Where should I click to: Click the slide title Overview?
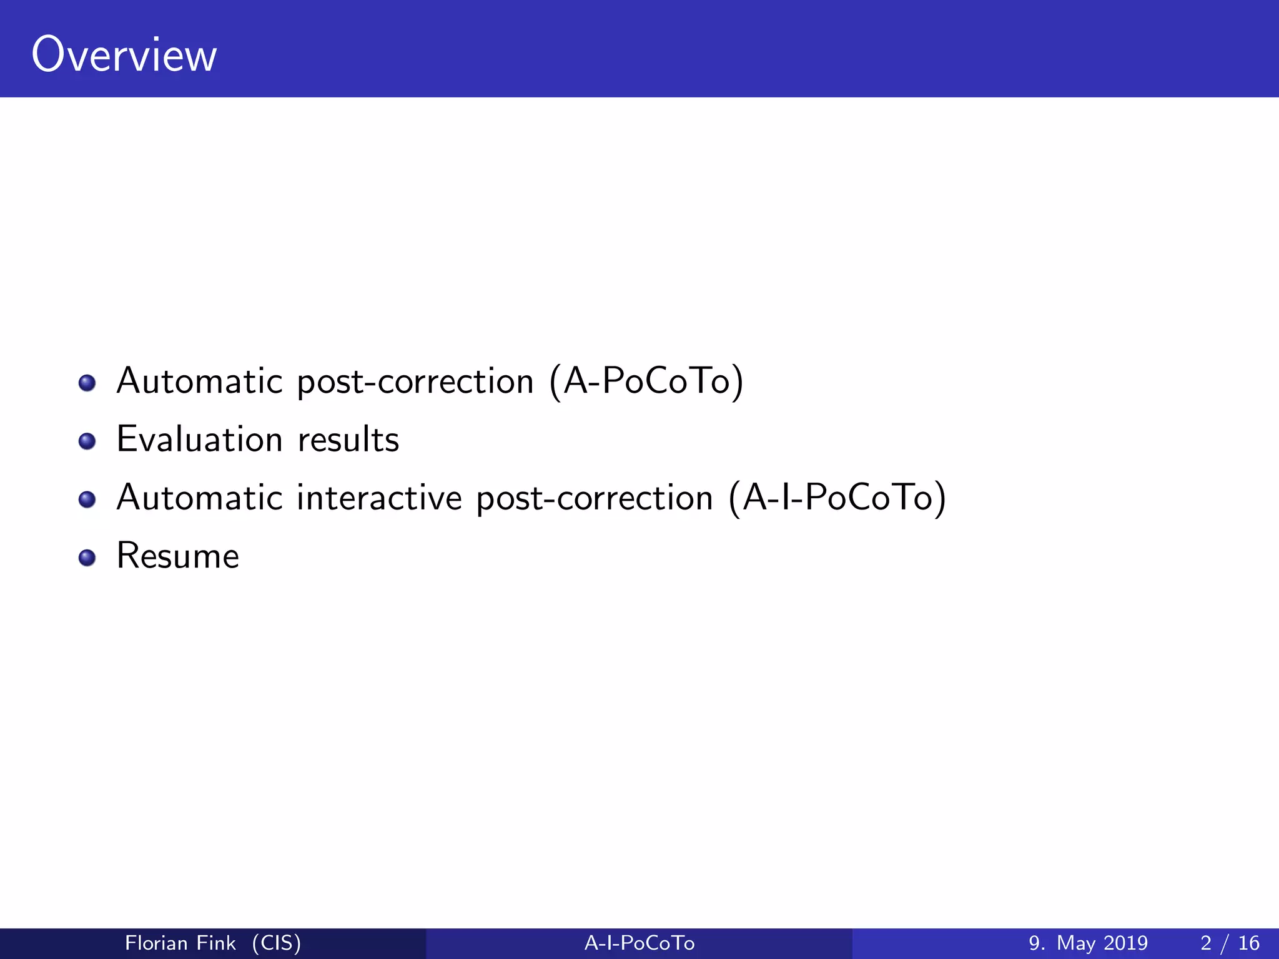click(x=124, y=55)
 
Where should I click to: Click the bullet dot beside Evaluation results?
click(x=87, y=441)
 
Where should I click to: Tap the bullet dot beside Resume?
click(x=87, y=558)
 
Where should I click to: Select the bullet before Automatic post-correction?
click(x=87, y=383)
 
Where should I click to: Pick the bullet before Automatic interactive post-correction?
click(x=87, y=499)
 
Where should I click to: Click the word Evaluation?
click(x=200, y=439)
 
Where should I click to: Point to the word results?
click(x=348, y=439)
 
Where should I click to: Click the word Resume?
click(x=178, y=556)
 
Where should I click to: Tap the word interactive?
click(x=379, y=498)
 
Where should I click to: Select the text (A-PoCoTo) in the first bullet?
click(x=646, y=381)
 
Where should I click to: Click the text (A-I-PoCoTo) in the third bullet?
click(x=837, y=498)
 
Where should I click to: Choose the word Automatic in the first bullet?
click(x=200, y=381)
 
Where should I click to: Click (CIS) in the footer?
click(x=276, y=943)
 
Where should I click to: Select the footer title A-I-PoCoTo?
click(x=639, y=943)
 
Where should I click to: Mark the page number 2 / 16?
click(x=1230, y=943)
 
